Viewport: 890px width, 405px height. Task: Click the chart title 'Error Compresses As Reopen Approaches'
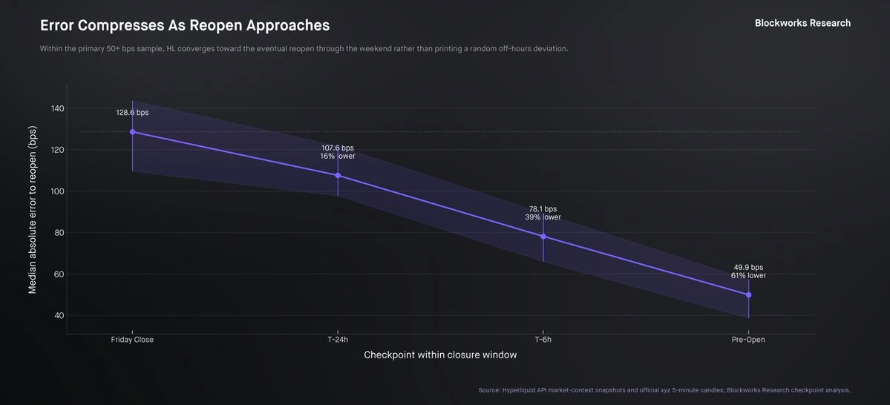point(185,25)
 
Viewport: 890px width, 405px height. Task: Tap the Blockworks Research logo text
point(802,23)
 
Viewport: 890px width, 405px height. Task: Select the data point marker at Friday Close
point(132,131)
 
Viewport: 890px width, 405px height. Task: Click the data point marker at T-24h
point(338,175)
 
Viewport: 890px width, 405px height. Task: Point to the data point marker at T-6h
point(543,237)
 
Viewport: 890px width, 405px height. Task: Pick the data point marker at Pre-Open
point(749,295)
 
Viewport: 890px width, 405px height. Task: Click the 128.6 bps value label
point(132,113)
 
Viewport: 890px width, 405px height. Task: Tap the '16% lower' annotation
point(338,157)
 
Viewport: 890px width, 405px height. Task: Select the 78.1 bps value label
point(543,209)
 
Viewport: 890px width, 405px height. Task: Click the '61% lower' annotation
point(749,276)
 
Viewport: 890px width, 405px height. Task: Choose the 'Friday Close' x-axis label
point(132,340)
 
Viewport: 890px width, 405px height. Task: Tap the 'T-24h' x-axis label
point(338,340)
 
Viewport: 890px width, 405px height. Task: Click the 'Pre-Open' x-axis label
point(749,340)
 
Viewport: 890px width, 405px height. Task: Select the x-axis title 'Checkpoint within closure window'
point(440,355)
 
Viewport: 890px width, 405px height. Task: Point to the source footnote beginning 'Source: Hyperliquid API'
point(664,390)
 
